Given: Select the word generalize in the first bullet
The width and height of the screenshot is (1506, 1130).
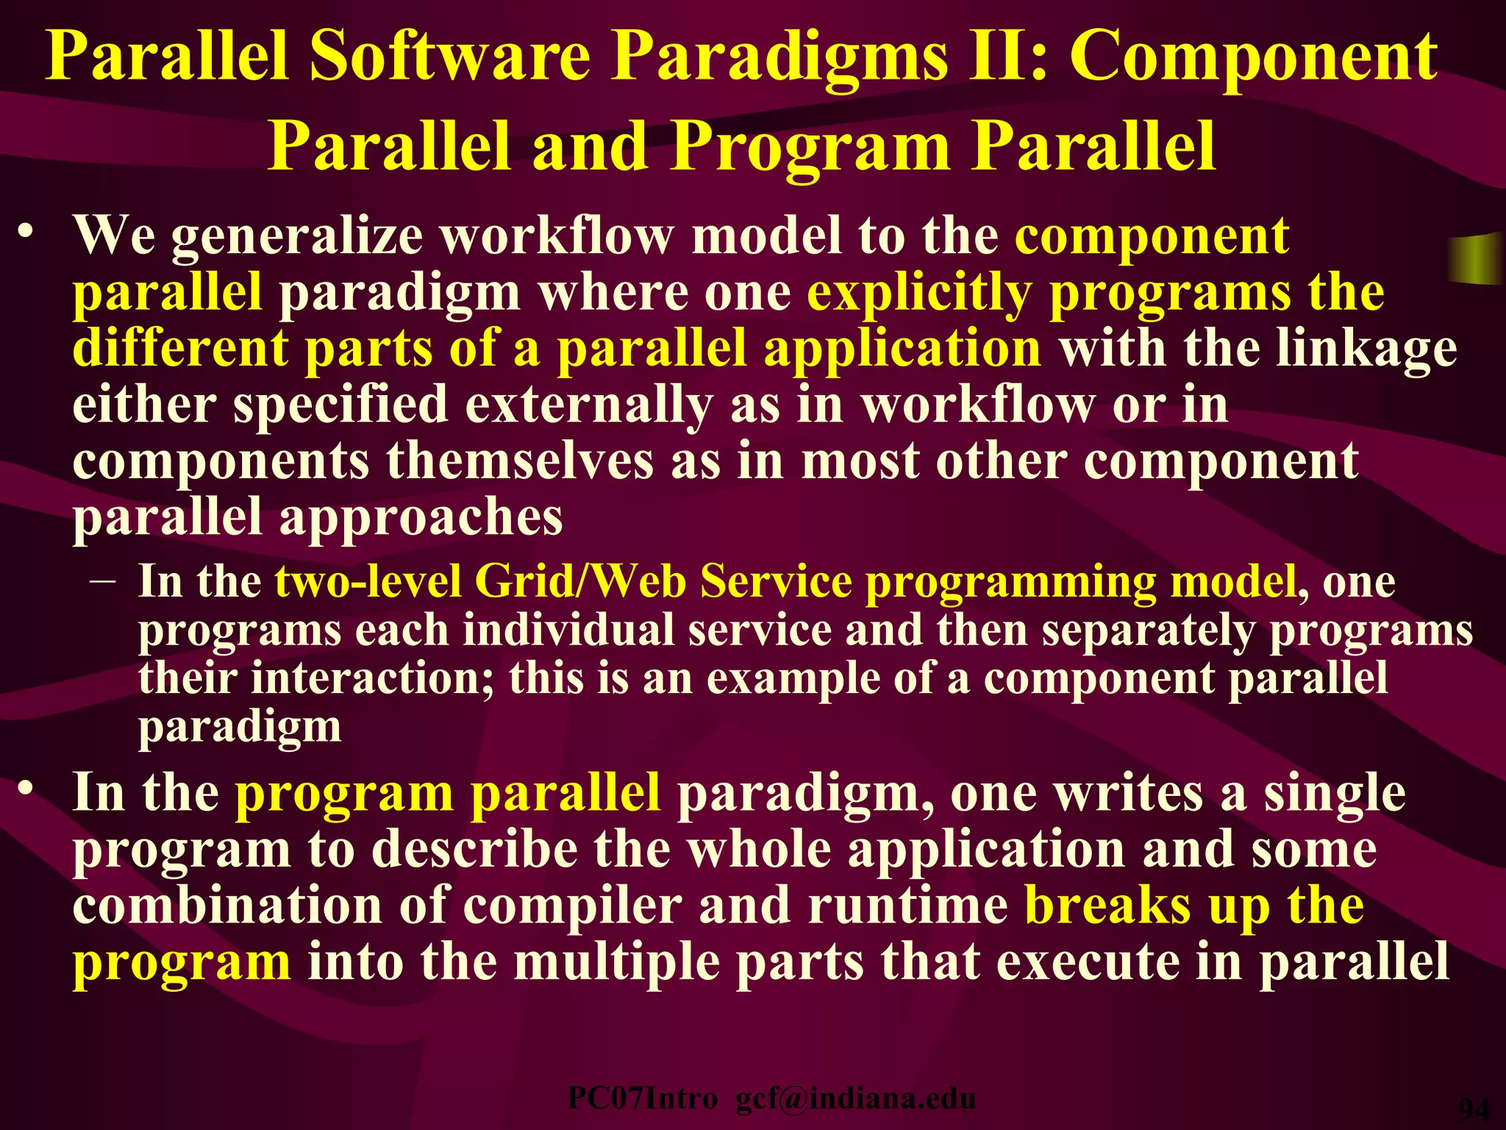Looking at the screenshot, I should click(297, 237).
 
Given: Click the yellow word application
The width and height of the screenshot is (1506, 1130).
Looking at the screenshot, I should click(902, 349).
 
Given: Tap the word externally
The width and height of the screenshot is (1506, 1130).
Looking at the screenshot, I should click(588, 405).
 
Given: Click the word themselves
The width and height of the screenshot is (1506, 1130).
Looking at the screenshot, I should click(519, 461).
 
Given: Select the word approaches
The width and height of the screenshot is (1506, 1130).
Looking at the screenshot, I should click(421, 518).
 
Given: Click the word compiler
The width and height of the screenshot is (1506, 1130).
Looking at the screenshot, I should click(572, 906).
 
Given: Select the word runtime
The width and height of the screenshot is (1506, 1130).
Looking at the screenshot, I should click(907, 906).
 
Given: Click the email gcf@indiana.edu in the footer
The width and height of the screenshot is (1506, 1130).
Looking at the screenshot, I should click(855, 1098).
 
